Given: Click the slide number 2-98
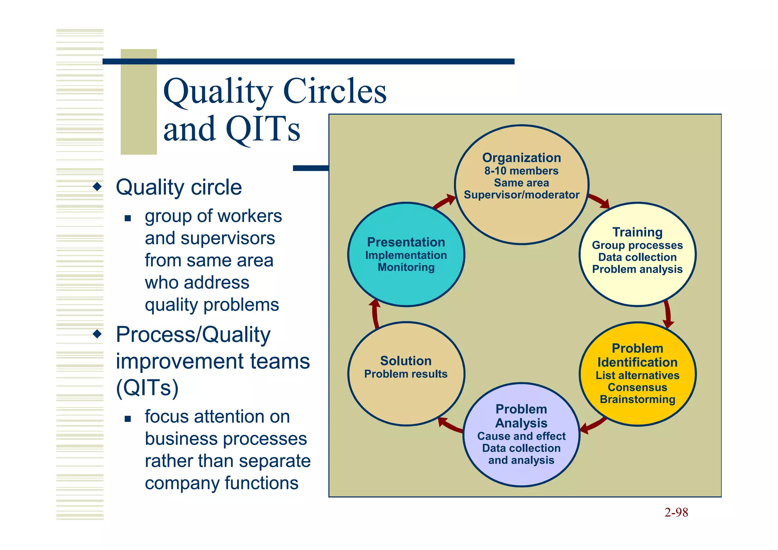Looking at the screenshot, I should pyautogui.click(x=676, y=513).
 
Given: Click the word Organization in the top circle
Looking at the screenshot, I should pyautogui.click(x=521, y=158).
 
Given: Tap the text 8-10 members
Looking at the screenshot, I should pyautogui.click(x=521, y=171).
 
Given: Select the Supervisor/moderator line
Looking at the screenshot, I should pyautogui.click(x=521, y=195).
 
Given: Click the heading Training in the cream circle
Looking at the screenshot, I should pyautogui.click(x=637, y=232).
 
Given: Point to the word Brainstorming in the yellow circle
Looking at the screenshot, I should pyautogui.click(x=637, y=399).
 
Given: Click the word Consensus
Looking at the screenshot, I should pyautogui.click(x=637, y=387).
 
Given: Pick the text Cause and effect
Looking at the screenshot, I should pyautogui.click(x=521, y=436).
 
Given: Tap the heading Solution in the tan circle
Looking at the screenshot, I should pyautogui.click(x=406, y=361).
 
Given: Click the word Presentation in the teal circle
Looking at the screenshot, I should pyautogui.click(x=406, y=242).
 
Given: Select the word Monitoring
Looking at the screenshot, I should pyautogui.click(x=406, y=267).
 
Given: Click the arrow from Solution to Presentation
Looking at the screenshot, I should pyautogui.click(x=375, y=314).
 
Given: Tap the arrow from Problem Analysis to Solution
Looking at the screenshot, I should pyautogui.click(x=450, y=426).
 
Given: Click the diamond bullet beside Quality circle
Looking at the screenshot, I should pyautogui.click(x=98, y=187).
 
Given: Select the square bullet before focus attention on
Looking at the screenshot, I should pyautogui.click(x=128, y=419).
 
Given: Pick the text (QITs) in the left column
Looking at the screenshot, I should pyautogui.click(x=147, y=387).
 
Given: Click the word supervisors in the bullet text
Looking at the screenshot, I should pyautogui.click(x=228, y=238).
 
